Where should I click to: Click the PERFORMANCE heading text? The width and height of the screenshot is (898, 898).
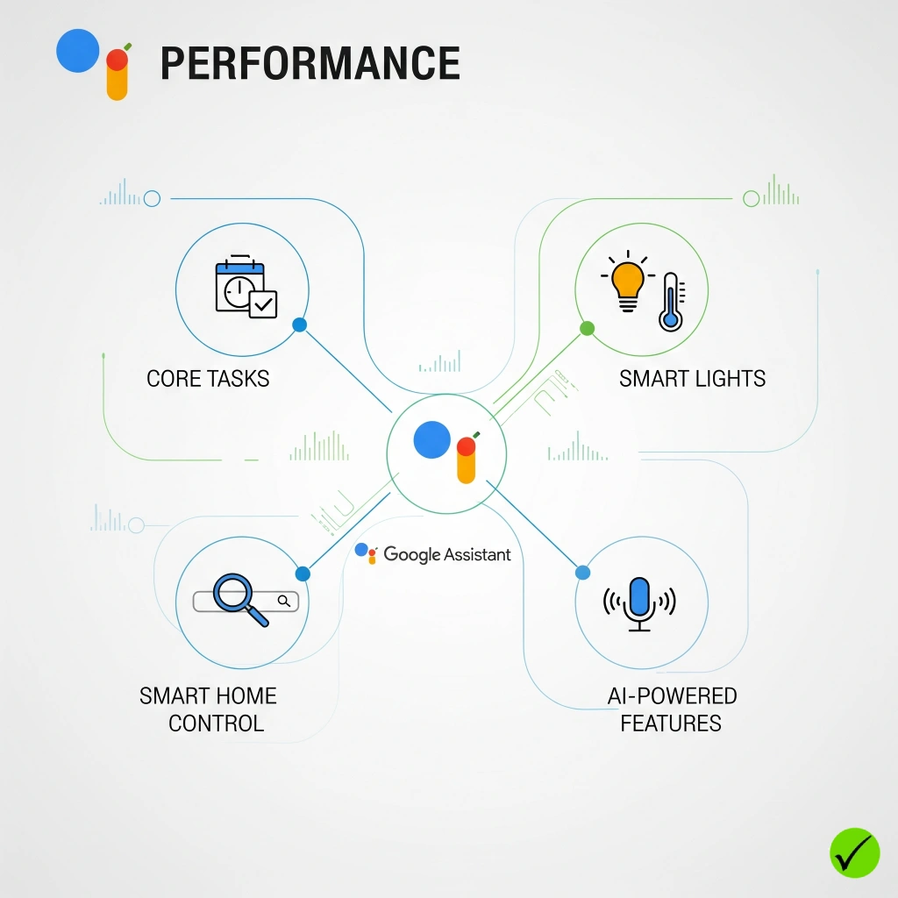tap(310, 64)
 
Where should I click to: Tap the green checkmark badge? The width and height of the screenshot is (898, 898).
tap(854, 852)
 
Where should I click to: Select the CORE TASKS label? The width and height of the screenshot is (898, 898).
tap(208, 379)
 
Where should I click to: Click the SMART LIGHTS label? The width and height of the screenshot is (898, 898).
tap(692, 379)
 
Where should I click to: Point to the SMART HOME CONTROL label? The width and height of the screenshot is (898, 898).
tap(209, 709)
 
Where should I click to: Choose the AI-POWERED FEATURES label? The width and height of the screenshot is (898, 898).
tap(672, 709)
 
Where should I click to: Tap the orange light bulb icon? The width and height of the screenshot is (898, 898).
tap(626, 283)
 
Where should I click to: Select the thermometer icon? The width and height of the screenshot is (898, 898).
tap(671, 301)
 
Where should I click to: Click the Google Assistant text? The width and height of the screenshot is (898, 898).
tap(447, 554)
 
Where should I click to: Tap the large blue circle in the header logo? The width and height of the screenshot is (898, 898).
tap(78, 50)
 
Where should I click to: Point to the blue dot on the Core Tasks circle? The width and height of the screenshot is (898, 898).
tap(299, 324)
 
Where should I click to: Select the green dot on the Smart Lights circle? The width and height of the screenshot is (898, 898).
tap(588, 329)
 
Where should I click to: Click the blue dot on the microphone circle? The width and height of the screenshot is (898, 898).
tap(582, 573)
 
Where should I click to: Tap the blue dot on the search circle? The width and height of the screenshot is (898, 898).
tap(303, 574)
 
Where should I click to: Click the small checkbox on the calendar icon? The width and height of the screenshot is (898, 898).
tap(263, 304)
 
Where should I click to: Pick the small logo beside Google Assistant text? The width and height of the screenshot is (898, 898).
tap(367, 552)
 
